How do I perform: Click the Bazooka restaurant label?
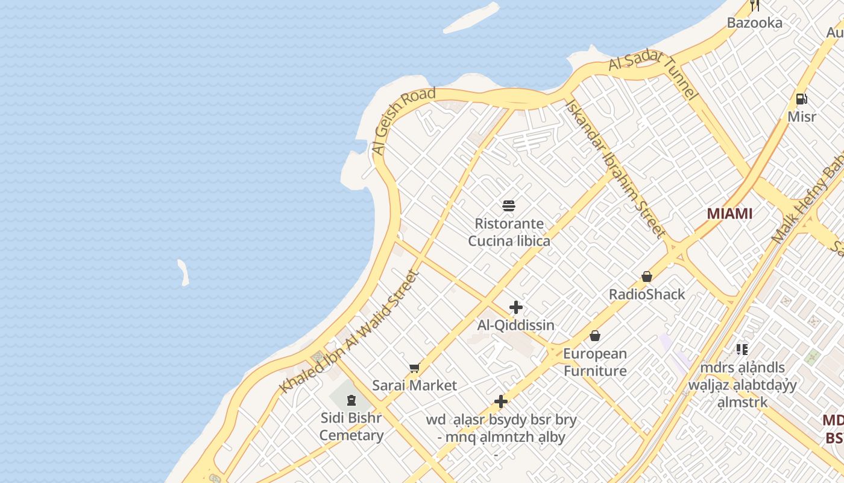tap(754, 23)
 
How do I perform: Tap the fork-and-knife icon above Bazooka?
tap(754, 6)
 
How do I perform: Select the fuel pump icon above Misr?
tap(801, 99)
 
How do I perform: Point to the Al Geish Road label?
tap(403, 121)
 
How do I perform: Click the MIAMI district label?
tap(729, 214)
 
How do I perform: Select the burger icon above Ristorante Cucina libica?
tap(509, 206)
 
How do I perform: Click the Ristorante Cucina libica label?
tap(509, 232)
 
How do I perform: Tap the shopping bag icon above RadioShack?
tap(647, 277)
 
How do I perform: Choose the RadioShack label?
tap(647, 295)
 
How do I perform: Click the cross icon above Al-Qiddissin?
tap(515, 307)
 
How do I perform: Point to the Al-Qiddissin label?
tap(515, 325)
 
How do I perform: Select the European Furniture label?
tap(595, 362)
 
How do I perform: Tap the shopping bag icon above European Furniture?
tap(595, 336)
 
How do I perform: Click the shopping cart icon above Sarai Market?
tap(414, 368)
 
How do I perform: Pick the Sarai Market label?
tap(414, 385)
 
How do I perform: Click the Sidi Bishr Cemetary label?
tap(351, 426)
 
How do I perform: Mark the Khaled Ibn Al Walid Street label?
tap(350, 332)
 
